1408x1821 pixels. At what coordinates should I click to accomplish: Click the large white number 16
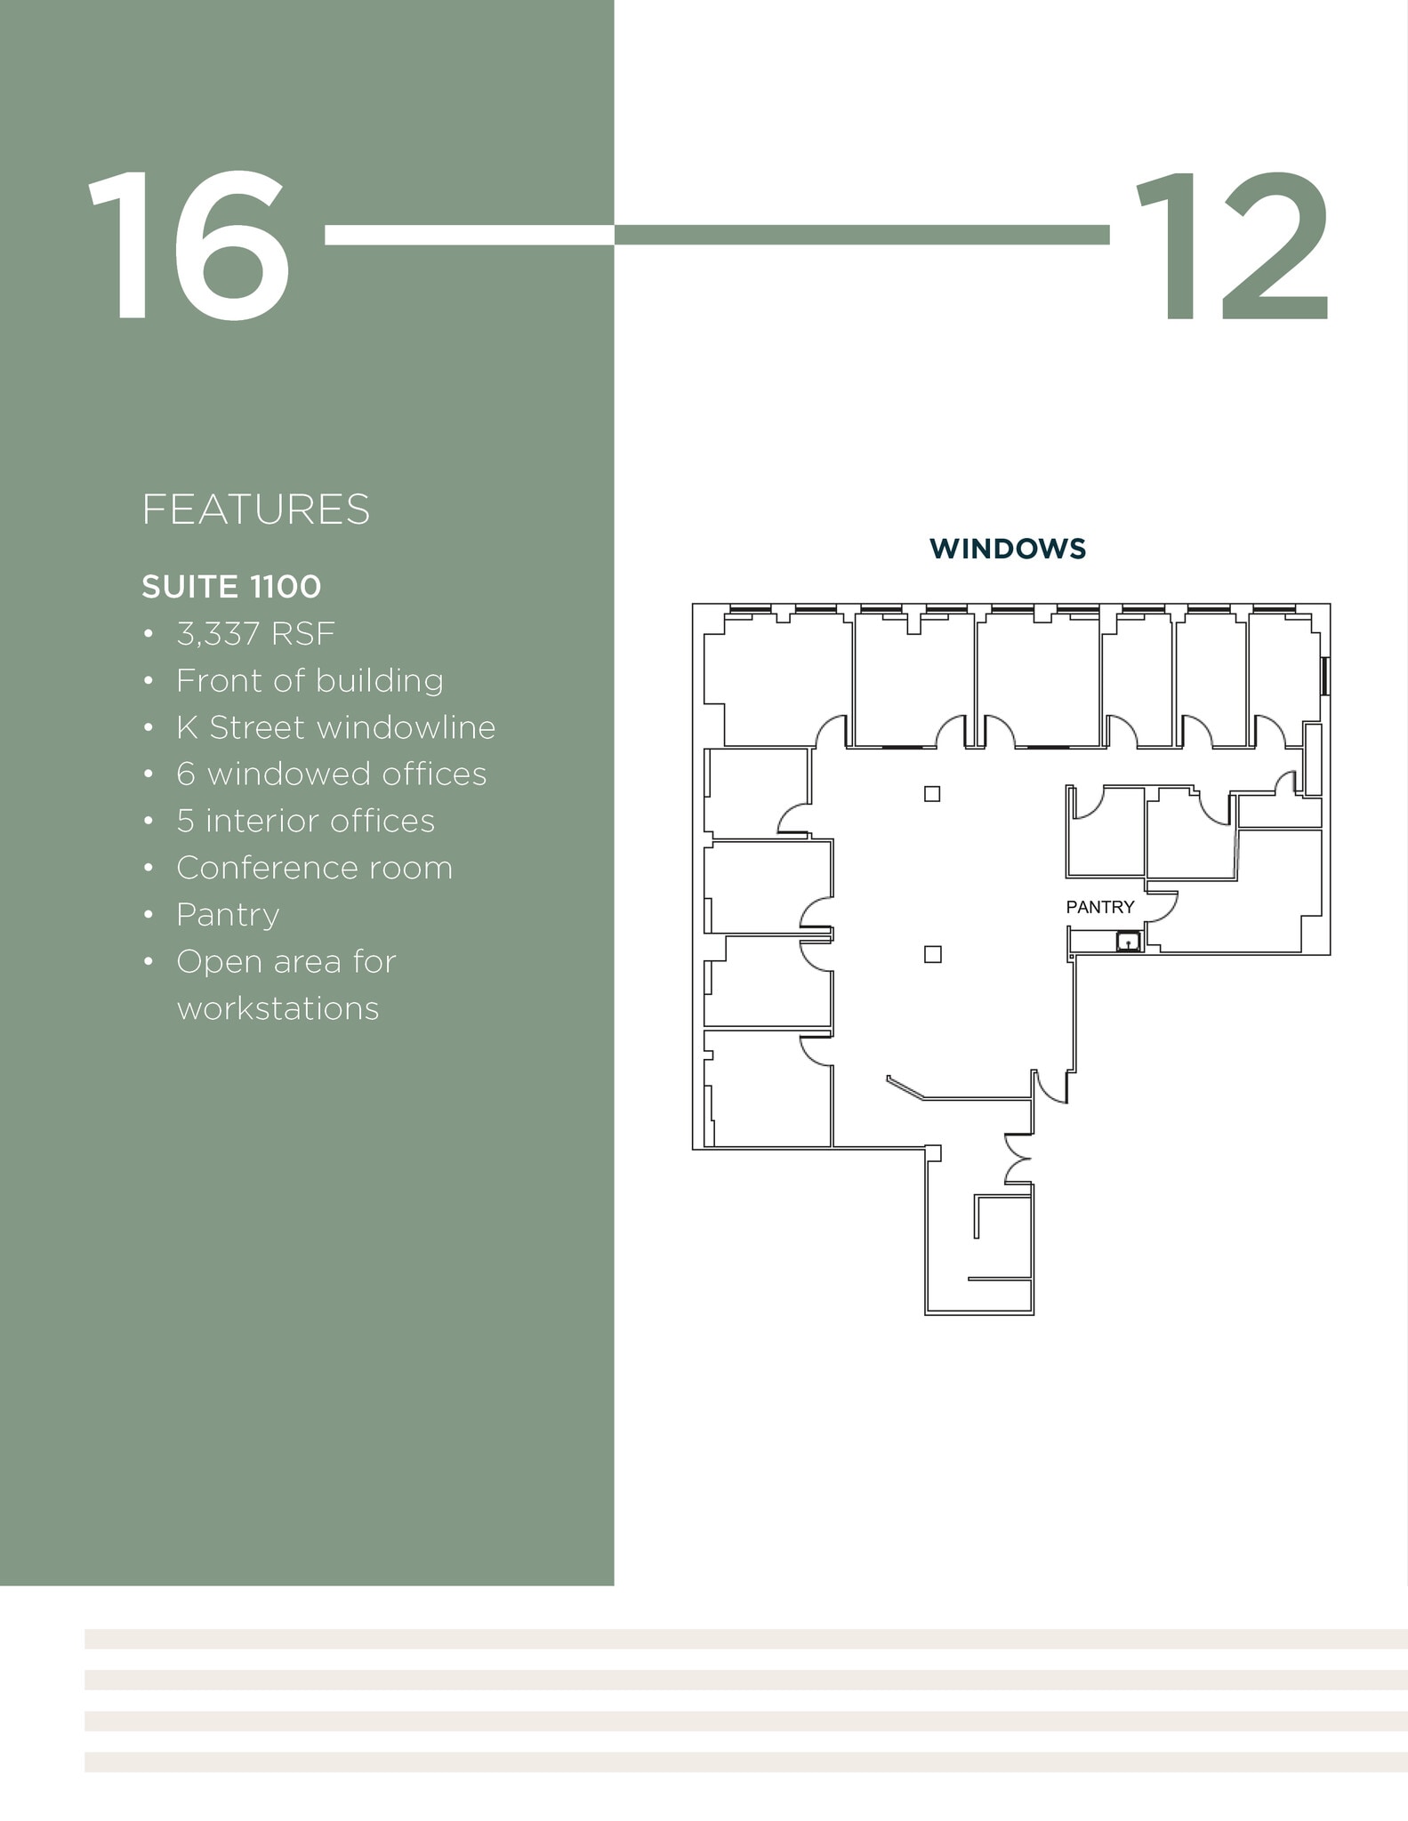click(x=189, y=246)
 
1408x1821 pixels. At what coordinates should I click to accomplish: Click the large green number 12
click(x=1232, y=246)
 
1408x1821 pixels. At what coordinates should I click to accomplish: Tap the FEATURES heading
click(x=255, y=509)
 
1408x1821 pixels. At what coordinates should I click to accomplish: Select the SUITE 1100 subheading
click(x=231, y=587)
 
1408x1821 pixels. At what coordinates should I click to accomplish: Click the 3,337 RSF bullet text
click(x=255, y=634)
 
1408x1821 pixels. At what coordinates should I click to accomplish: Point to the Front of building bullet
click(x=310, y=681)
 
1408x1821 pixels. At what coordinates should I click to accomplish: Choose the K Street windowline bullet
click(x=335, y=728)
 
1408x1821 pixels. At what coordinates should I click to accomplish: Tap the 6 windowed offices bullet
click(x=331, y=774)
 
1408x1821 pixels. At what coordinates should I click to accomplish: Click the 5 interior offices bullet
click(x=305, y=822)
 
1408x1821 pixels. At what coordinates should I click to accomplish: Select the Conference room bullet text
click(x=314, y=868)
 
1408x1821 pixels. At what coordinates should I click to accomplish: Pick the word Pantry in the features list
click(x=228, y=915)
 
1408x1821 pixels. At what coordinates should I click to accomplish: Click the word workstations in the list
click(x=278, y=1009)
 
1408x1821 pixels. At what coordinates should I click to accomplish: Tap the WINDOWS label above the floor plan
click(x=1008, y=549)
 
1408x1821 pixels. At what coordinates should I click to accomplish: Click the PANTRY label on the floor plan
click(x=1100, y=907)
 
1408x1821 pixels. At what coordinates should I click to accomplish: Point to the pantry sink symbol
click(x=1128, y=942)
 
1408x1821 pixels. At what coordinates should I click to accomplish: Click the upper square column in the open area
click(x=932, y=794)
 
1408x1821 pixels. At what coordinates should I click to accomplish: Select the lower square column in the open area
click(x=933, y=954)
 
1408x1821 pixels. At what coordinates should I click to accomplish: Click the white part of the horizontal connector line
click(x=469, y=235)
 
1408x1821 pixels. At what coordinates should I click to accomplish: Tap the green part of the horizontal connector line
click(x=861, y=235)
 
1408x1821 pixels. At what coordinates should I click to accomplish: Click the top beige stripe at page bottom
click(x=745, y=1639)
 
